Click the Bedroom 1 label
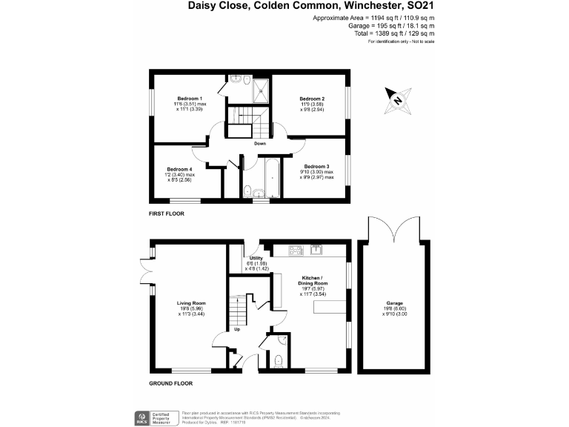pyautogui.click(x=190, y=99)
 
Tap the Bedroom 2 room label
pyautogui.click(x=312, y=99)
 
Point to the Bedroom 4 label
pyautogui.click(x=179, y=169)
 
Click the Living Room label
pyautogui.click(x=190, y=303)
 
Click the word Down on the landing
pyautogui.click(x=260, y=143)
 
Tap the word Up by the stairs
pyautogui.click(x=237, y=329)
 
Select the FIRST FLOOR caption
pyautogui.click(x=167, y=213)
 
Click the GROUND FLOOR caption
pyautogui.click(x=170, y=384)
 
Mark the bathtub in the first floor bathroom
pyautogui.click(x=268, y=177)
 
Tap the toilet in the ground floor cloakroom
pyautogui.click(x=277, y=361)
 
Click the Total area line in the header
pyautogui.click(x=402, y=33)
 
